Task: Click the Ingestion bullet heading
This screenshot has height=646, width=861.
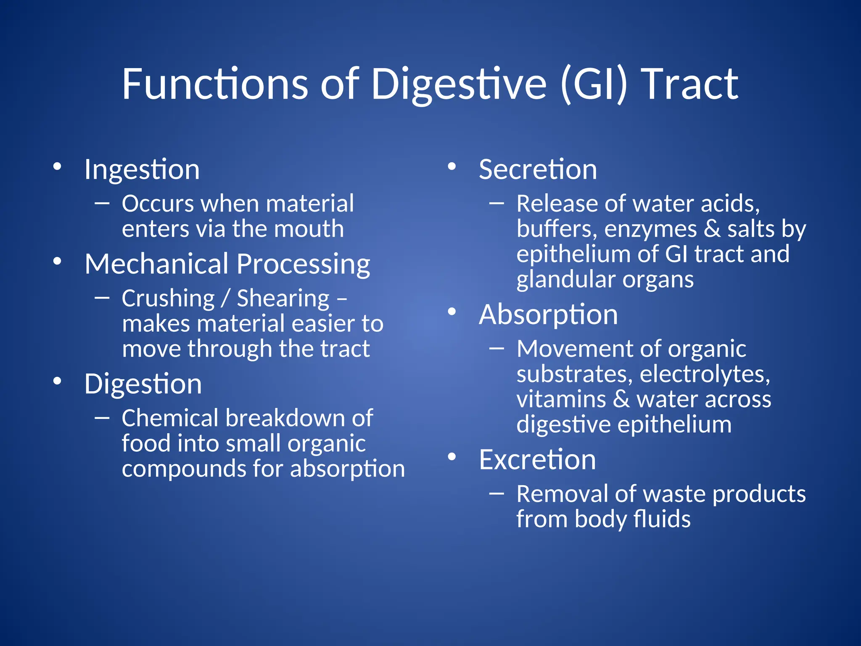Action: (142, 170)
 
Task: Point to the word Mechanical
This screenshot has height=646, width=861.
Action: (156, 264)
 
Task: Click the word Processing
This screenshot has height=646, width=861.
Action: (303, 265)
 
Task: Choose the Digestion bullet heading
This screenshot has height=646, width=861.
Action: (143, 384)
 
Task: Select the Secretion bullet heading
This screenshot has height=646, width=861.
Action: (538, 169)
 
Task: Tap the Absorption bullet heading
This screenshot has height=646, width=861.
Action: (548, 315)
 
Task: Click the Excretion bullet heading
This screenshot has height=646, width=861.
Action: (537, 460)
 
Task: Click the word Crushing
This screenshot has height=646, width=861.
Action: (168, 299)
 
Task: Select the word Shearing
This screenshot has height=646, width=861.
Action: (283, 299)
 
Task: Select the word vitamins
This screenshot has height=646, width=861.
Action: (561, 399)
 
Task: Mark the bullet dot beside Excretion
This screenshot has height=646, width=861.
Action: (452, 457)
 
